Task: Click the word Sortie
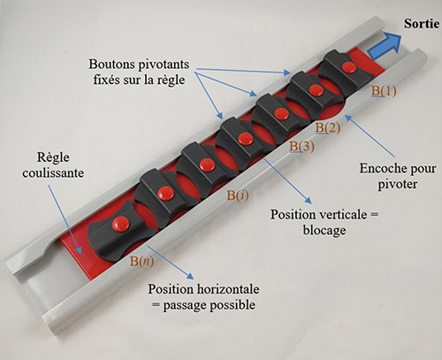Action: (x=422, y=24)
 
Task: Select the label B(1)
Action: (x=384, y=91)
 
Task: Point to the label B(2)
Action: (x=328, y=128)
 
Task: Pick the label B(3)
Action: (x=301, y=147)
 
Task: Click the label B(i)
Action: (x=238, y=195)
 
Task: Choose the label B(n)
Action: (x=141, y=261)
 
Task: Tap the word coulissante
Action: (x=53, y=173)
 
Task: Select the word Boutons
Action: (x=110, y=65)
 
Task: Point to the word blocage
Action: (x=324, y=230)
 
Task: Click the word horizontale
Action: (x=226, y=289)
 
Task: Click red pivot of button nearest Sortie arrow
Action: (x=349, y=67)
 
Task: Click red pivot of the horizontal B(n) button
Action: (x=120, y=224)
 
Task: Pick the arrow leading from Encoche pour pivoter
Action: (x=370, y=135)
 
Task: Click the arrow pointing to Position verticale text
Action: (x=287, y=180)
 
